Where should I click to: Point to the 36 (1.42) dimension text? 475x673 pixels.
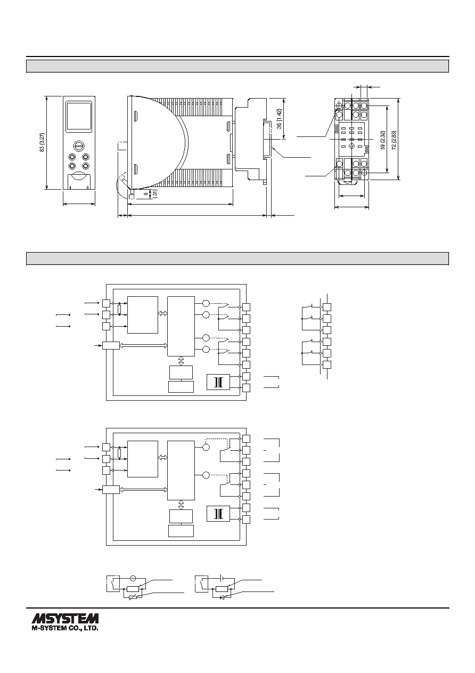279,119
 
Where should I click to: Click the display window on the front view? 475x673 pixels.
79,116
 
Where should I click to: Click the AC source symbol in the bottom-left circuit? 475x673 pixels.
132,578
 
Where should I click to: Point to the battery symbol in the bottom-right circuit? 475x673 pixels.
222,578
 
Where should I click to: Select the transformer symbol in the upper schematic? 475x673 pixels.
218,382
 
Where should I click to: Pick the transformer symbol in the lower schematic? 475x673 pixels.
218,514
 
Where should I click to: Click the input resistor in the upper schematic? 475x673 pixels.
120,309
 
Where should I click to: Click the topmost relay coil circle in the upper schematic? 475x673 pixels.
206,303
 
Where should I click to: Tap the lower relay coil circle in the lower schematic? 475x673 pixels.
206,475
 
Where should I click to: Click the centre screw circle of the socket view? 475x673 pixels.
351,145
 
